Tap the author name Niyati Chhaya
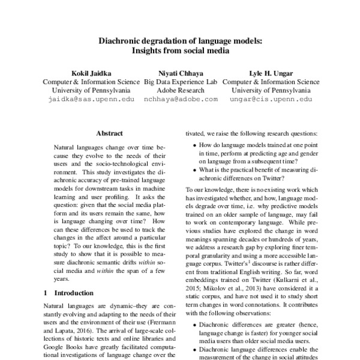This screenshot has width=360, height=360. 180,73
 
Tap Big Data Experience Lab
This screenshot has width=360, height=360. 180,82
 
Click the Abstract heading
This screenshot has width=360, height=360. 109,133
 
